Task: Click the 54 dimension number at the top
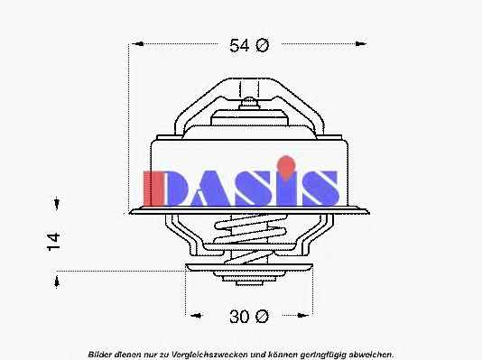(239, 45)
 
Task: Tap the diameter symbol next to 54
(262, 45)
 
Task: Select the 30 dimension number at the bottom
(239, 317)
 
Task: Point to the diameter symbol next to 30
(262, 317)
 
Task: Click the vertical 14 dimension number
(53, 242)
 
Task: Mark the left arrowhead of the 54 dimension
(138, 43)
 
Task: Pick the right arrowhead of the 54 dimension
(360, 43)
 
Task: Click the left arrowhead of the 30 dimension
(196, 315)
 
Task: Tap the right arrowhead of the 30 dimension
(302, 315)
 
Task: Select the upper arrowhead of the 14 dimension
(57, 203)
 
